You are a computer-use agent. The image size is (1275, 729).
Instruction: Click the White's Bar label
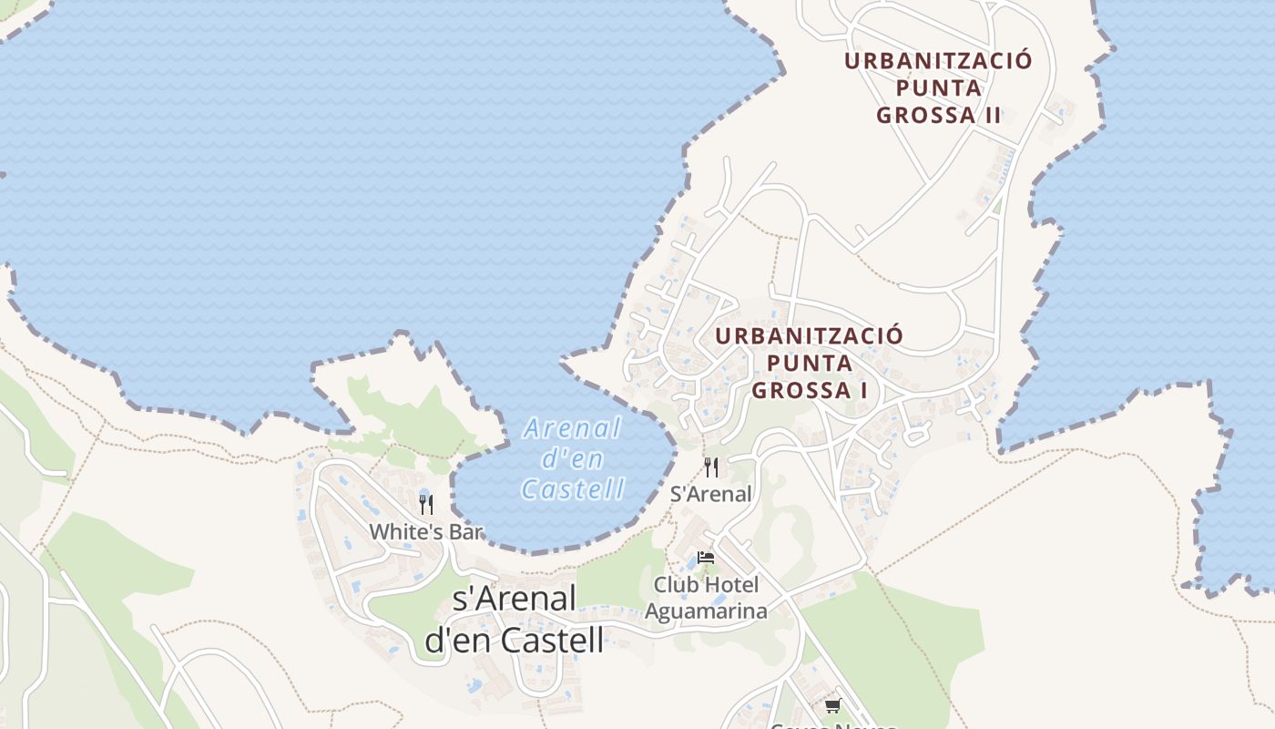(x=425, y=531)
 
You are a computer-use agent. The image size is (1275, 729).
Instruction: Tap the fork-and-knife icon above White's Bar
(x=425, y=504)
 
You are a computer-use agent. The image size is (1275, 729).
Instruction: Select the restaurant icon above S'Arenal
(x=711, y=467)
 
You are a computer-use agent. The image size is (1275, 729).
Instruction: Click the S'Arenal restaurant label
(x=711, y=494)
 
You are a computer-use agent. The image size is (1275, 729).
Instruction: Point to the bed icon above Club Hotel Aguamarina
(x=705, y=558)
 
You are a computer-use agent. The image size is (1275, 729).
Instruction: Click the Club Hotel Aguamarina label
(x=706, y=597)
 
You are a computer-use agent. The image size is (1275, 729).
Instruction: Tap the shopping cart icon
(x=832, y=705)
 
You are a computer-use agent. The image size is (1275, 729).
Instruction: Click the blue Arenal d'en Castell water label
(x=573, y=458)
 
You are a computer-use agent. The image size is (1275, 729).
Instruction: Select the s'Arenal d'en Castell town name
(x=515, y=620)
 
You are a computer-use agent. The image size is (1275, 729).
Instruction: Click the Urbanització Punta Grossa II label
(x=939, y=87)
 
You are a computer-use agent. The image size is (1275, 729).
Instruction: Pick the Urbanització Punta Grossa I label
(x=809, y=363)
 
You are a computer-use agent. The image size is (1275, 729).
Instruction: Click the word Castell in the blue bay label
(x=573, y=489)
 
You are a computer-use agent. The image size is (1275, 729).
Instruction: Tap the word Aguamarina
(x=706, y=611)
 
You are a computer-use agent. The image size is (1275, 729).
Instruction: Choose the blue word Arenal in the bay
(x=573, y=428)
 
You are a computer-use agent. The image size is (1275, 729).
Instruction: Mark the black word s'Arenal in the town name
(x=515, y=600)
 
